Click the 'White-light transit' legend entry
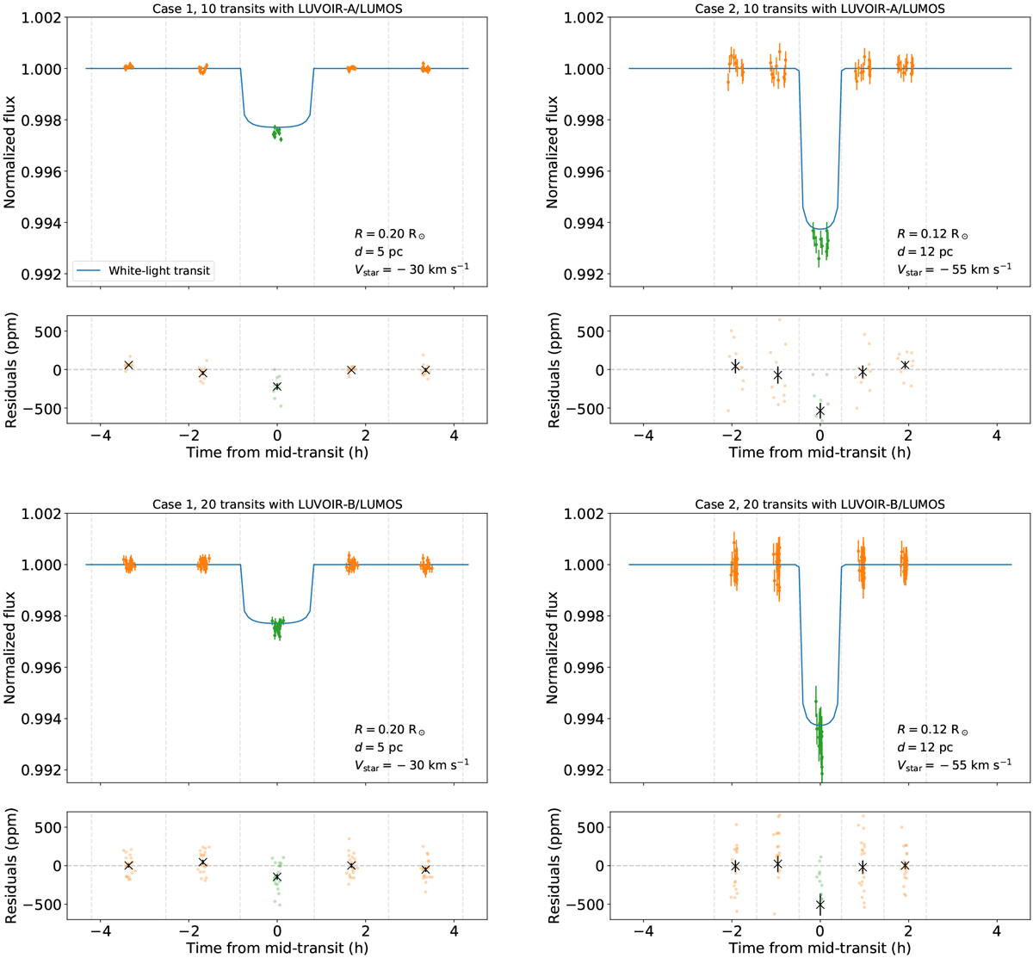pyautogui.click(x=159, y=270)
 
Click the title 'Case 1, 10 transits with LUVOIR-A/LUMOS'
pyautogui.click(x=277, y=9)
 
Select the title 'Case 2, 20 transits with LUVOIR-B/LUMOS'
pyautogui.click(x=820, y=504)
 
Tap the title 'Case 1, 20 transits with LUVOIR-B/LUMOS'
pyautogui.click(x=277, y=504)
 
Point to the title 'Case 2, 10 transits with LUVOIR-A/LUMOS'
pyautogui.click(x=820, y=9)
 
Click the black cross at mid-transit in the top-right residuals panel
pyautogui.click(x=820, y=411)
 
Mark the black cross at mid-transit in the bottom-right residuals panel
pyautogui.click(x=820, y=904)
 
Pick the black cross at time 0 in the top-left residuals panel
pyautogui.click(x=277, y=386)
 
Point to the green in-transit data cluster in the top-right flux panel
pyautogui.click(x=820, y=242)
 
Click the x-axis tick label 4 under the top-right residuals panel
pyautogui.click(x=996, y=435)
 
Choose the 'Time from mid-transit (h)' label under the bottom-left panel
pyautogui.click(x=277, y=947)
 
